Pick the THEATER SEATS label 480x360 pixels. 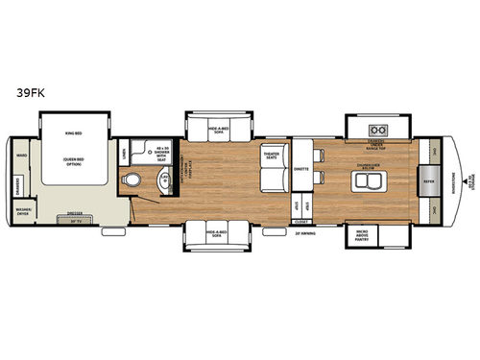[271, 155]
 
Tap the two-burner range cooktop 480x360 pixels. [377, 131]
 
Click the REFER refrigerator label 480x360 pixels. [429, 179]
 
